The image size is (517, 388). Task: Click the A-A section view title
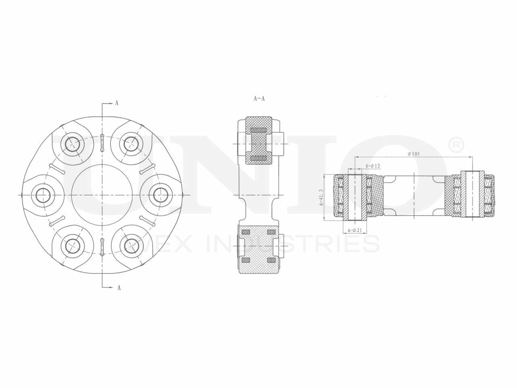[x=259, y=98]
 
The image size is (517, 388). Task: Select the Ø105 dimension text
[x=414, y=154]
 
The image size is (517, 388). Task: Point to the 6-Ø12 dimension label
[x=373, y=166]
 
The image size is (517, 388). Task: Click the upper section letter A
[x=117, y=103]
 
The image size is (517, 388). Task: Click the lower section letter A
[x=119, y=288]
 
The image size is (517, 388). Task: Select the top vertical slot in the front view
[x=102, y=143]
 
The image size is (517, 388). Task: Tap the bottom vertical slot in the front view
[x=102, y=247]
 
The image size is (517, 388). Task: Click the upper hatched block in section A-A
[x=259, y=140]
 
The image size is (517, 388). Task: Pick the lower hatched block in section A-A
[x=259, y=248]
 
